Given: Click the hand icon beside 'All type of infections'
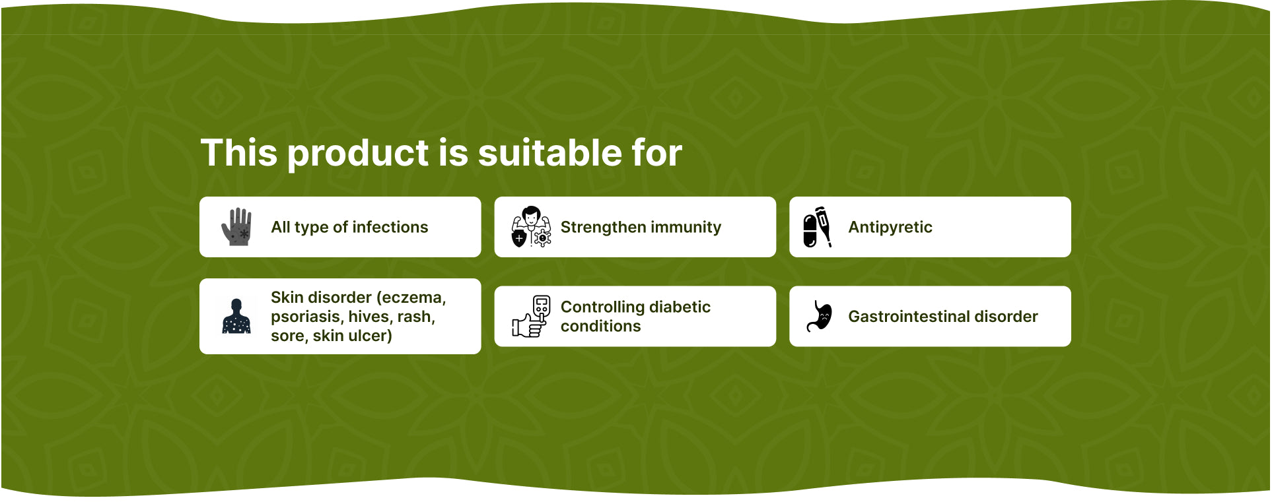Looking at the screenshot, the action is point(236,227).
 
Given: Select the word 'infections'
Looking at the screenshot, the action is point(390,227).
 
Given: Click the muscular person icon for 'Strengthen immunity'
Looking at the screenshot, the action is point(531,227).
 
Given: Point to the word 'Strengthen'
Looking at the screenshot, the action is point(602,228).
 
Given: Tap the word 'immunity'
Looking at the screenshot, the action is point(685,228).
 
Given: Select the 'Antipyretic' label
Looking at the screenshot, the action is point(890,228).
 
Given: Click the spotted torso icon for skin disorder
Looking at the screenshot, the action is point(236,317).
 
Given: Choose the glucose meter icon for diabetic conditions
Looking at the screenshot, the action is point(531,317).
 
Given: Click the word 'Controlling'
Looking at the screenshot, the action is point(603,307).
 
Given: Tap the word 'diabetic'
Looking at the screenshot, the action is point(680,307).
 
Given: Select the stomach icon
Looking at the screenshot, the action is point(819,317).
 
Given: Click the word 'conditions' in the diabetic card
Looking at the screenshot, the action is point(600,327).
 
